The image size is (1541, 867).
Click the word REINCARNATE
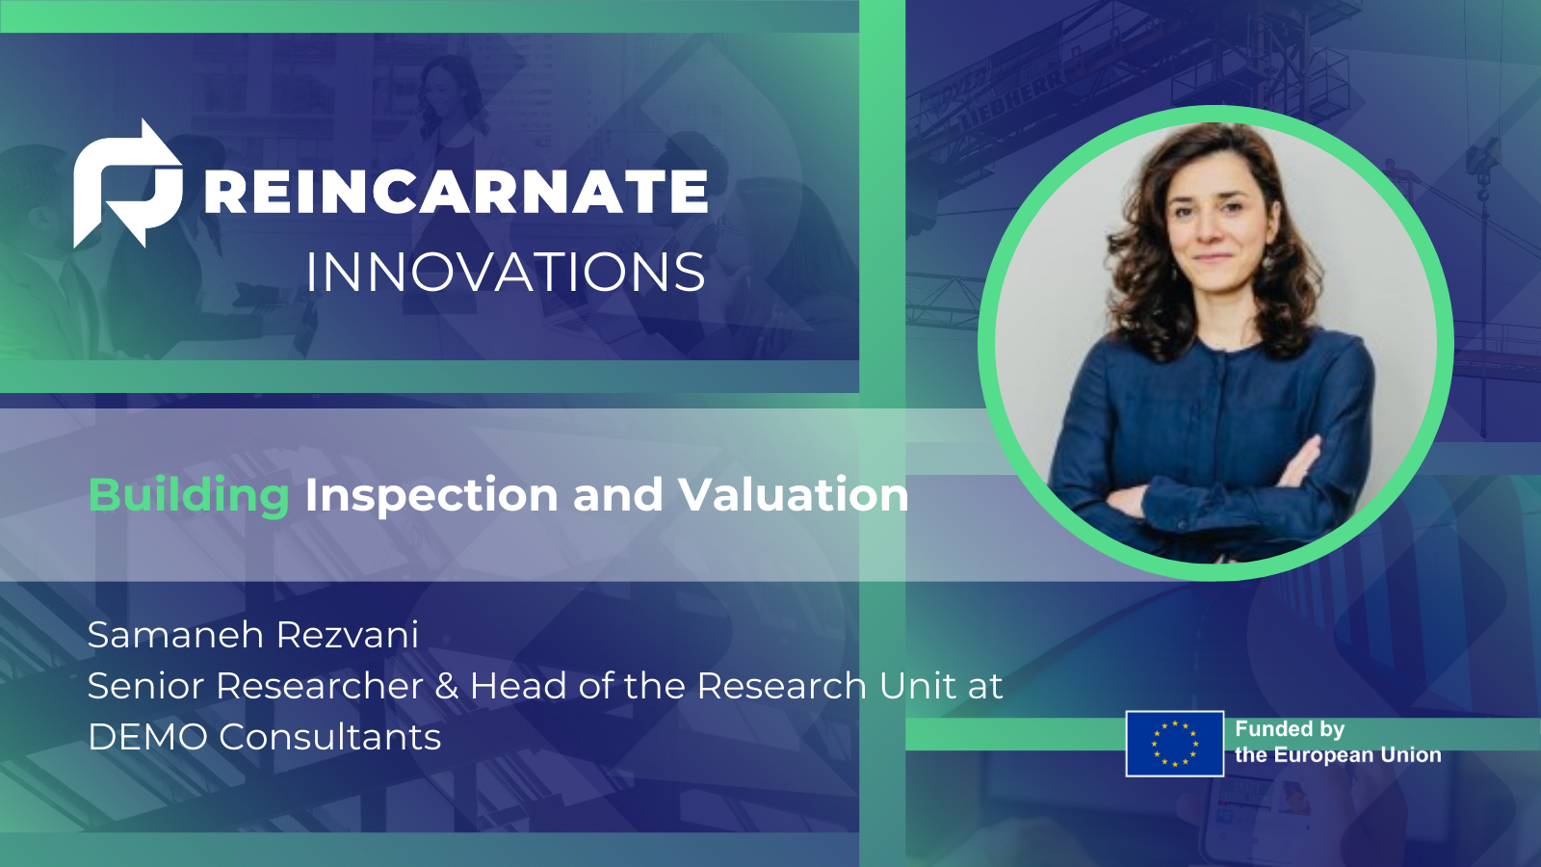click(457, 192)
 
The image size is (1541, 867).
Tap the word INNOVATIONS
click(506, 273)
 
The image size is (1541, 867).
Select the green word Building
click(189, 495)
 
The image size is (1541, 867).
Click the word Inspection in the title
click(431, 495)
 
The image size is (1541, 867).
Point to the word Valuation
click(793, 495)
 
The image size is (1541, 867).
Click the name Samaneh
click(175, 635)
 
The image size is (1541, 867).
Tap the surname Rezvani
click(348, 635)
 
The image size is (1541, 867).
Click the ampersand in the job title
click(446, 686)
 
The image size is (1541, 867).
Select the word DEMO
click(147, 737)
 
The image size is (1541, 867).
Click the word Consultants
click(329, 737)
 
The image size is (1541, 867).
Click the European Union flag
click(1174, 744)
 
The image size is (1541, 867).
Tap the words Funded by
click(1289, 729)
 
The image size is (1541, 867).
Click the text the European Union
click(1338, 755)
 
